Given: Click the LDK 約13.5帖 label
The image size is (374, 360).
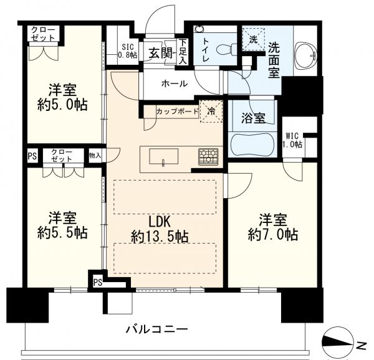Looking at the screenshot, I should tap(160, 229).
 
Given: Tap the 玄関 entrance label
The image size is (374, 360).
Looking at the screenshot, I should tap(160, 53).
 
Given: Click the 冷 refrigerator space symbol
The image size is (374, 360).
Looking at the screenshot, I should tap(211, 111).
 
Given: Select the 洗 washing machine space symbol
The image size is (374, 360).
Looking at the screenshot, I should tap(253, 38).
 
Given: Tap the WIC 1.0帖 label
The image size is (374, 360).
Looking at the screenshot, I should tap(292, 140).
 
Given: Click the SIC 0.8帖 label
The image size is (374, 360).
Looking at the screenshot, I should tap(127, 50).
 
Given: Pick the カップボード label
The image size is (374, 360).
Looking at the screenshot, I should tap(175, 111).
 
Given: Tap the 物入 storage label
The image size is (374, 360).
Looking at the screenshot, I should tap(95, 154).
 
